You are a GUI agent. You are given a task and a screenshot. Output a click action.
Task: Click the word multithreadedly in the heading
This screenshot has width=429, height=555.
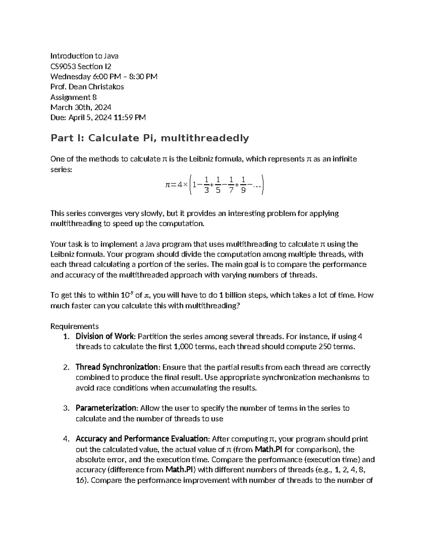click(204, 138)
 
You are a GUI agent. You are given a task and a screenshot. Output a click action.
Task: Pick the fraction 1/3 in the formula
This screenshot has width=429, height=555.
click(206, 185)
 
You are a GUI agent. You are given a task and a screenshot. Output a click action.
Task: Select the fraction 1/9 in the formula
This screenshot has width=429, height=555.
click(243, 185)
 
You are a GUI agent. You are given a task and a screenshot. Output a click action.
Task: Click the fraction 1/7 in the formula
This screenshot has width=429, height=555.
click(231, 185)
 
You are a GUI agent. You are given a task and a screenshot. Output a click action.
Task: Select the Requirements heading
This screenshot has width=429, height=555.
click(74, 326)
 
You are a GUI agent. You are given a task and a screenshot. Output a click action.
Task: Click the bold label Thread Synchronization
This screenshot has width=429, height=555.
click(117, 367)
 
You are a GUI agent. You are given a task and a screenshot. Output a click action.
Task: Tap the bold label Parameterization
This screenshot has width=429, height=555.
click(106, 408)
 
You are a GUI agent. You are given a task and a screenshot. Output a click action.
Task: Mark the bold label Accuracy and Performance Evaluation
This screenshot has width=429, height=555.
click(142, 439)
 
